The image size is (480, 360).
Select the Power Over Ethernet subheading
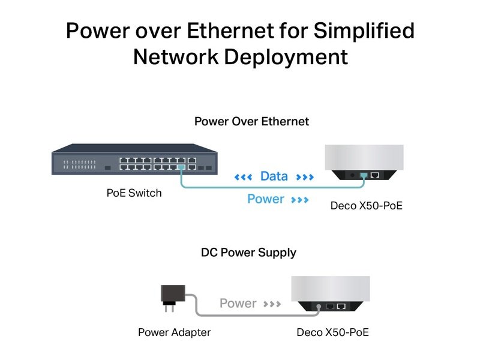(251, 122)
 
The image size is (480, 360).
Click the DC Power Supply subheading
(248, 253)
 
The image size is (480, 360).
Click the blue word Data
(274, 177)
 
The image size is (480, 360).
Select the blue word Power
(266, 199)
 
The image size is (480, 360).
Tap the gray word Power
(238, 304)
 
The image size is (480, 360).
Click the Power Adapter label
(174, 332)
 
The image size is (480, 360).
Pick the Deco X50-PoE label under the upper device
(366, 206)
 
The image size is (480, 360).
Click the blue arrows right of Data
(305, 177)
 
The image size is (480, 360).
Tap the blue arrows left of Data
(243, 177)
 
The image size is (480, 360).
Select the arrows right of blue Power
(299, 199)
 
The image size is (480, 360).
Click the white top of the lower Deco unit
(333, 289)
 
